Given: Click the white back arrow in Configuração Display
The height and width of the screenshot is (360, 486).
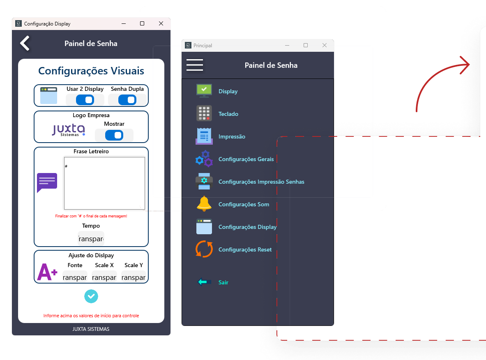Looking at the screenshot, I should click(25, 43).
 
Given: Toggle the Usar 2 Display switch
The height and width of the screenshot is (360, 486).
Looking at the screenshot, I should click(85, 100).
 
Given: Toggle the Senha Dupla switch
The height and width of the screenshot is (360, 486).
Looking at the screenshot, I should click(127, 100).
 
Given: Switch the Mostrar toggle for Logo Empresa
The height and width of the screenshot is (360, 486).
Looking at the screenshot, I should click(114, 135).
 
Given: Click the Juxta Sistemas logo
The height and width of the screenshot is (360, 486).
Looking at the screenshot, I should click(69, 130).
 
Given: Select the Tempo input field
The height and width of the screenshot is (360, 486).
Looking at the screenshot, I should click(91, 238).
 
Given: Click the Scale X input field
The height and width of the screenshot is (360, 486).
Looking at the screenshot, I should click(104, 277).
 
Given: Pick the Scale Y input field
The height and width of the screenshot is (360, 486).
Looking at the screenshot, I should click(134, 277).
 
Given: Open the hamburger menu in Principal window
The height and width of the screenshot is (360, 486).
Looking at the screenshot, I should click(195, 65).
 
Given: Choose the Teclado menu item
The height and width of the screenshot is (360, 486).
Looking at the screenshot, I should click(228, 114).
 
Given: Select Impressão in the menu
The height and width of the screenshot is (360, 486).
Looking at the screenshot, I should click(232, 136).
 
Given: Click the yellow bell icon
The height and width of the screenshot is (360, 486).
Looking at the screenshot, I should click(204, 204).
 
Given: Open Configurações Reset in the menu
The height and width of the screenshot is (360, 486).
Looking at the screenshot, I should click(245, 249).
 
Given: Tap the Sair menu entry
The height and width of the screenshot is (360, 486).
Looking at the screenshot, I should click(223, 282).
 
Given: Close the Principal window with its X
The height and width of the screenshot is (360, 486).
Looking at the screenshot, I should click(325, 45).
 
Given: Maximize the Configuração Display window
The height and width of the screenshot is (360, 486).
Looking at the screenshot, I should click(142, 23).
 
